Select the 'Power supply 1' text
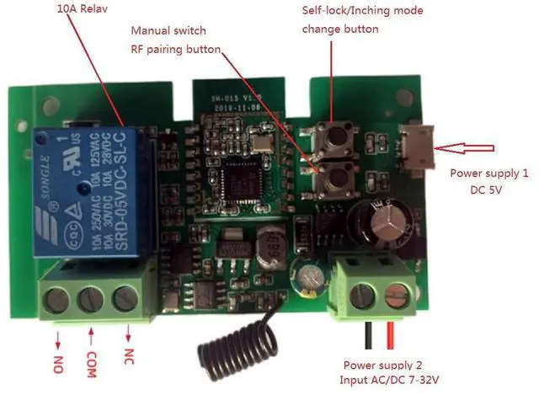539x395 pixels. (489, 174)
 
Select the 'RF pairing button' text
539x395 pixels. (174, 50)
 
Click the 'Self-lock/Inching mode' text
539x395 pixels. (362, 11)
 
